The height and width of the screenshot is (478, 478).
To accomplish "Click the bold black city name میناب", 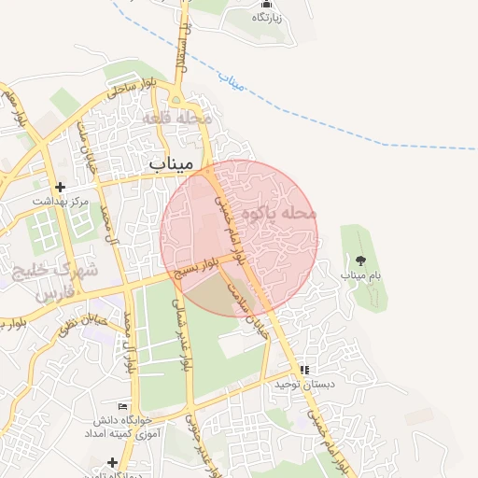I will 171,162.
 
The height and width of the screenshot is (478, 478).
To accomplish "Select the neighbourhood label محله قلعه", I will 177,119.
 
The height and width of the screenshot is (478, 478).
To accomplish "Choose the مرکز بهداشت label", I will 60,201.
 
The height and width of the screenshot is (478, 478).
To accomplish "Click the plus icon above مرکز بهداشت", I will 61,187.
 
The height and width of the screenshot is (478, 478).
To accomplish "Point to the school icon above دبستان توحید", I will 304,370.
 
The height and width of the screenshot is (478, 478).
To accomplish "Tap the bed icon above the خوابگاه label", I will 121,405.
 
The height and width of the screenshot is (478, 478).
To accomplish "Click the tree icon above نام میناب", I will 361,261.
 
